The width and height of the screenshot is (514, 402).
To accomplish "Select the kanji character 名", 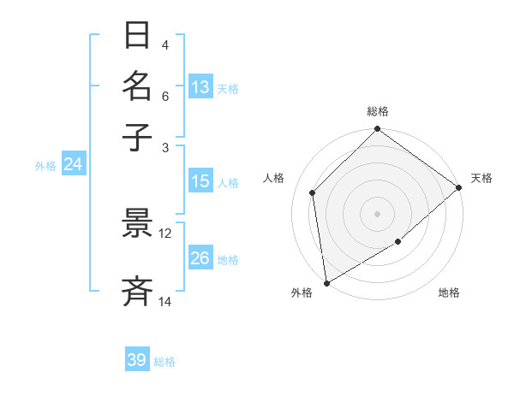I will point(138,86).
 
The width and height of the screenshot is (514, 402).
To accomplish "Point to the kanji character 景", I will point(138,223).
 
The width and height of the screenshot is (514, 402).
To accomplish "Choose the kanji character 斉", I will point(138,291).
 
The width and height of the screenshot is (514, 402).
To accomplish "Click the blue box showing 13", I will point(200,87).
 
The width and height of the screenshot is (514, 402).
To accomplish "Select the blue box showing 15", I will point(200,181).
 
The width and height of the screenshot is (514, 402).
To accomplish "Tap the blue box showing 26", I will point(200,258).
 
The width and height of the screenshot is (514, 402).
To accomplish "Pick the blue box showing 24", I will point(73,164).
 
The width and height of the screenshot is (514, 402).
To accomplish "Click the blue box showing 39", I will point(137,360).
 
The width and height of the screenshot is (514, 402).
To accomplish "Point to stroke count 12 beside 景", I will point(165,234).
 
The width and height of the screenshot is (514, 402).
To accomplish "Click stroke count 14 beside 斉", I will point(165,301).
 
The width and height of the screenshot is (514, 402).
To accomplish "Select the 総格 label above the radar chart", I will point(378,111).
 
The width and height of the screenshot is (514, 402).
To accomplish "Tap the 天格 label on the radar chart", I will point(481,178).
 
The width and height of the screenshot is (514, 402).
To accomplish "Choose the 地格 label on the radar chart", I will point(449,293).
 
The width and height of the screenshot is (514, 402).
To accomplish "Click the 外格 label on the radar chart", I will point(302,293).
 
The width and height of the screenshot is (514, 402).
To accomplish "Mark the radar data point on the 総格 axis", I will point(378,130).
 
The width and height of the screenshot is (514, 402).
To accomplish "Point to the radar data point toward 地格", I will point(398,242).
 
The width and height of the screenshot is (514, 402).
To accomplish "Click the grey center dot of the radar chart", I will point(378,213).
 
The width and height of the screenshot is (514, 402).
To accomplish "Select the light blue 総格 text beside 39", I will point(164,362).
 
